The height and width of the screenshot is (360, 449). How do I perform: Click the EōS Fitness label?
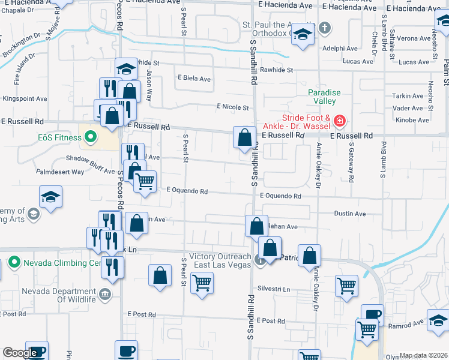point(57,137)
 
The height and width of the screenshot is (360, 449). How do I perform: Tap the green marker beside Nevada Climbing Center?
point(13,263)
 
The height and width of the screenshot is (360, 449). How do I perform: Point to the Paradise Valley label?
point(324,97)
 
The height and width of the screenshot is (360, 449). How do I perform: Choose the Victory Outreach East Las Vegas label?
point(219,261)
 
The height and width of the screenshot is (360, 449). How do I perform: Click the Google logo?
point(20,353)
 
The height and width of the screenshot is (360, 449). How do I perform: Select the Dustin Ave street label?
point(350,214)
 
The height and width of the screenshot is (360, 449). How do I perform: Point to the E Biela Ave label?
point(194,79)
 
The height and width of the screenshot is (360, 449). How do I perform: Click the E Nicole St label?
point(232,107)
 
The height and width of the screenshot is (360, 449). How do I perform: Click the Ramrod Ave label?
point(409,322)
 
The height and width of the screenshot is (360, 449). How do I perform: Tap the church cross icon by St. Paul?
point(324,28)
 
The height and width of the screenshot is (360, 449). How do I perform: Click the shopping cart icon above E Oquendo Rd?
point(145,181)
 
